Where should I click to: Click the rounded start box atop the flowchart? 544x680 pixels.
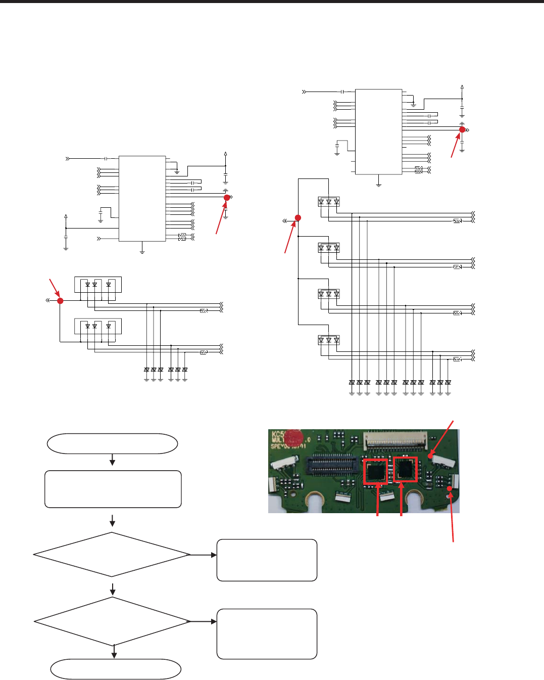(x=112, y=443)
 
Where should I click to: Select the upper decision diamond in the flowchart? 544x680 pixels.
(x=112, y=555)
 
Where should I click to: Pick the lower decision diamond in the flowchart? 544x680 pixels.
(x=112, y=621)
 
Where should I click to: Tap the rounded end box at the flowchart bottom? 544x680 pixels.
(x=116, y=669)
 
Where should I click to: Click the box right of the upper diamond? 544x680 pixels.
(x=267, y=560)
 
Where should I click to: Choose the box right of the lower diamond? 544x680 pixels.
(x=267, y=634)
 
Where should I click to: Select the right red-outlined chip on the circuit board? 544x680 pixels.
(x=405, y=469)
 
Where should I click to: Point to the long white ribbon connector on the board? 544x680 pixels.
(x=395, y=441)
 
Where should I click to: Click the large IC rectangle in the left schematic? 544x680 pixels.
(x=142, y=199)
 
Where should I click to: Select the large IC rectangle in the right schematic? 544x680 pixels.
(x=378, y=131)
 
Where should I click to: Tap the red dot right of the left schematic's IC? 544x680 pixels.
(x=227, y=198)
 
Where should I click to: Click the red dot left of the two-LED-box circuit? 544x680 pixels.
(x=60, y=301)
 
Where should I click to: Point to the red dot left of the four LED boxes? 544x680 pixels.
(x=298, y=218)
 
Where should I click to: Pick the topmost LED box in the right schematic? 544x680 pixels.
(x=329, y=202)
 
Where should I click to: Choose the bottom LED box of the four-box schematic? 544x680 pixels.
(x=329, y=340)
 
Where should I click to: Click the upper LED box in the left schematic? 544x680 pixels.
(x=98, y=285)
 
